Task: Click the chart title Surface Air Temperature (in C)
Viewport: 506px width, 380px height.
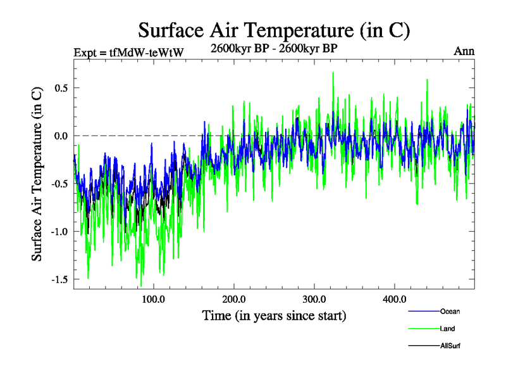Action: [x=275, y=30]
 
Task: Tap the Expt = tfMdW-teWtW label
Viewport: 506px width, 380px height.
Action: [x=128, y=52]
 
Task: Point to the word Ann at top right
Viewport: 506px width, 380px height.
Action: [x=464, y=51]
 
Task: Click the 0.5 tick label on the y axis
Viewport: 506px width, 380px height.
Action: [x=61, y=87]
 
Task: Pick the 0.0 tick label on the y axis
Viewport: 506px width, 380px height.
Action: [x=61, y=136]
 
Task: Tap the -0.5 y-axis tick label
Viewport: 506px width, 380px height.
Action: [x=59, y=184]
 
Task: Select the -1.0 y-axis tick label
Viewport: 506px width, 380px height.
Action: [x=59, y=231]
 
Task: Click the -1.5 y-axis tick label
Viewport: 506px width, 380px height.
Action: [x=59, y=279]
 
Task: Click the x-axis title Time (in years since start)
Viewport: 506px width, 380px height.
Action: [x=274, y=315]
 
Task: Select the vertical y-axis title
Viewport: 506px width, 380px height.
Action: [x=37, y=172]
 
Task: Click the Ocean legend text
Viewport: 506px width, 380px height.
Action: [x=450, y=312]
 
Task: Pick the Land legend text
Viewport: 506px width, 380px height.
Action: [x=447, y=329]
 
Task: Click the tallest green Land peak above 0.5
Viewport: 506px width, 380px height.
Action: [x=333, y=73]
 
